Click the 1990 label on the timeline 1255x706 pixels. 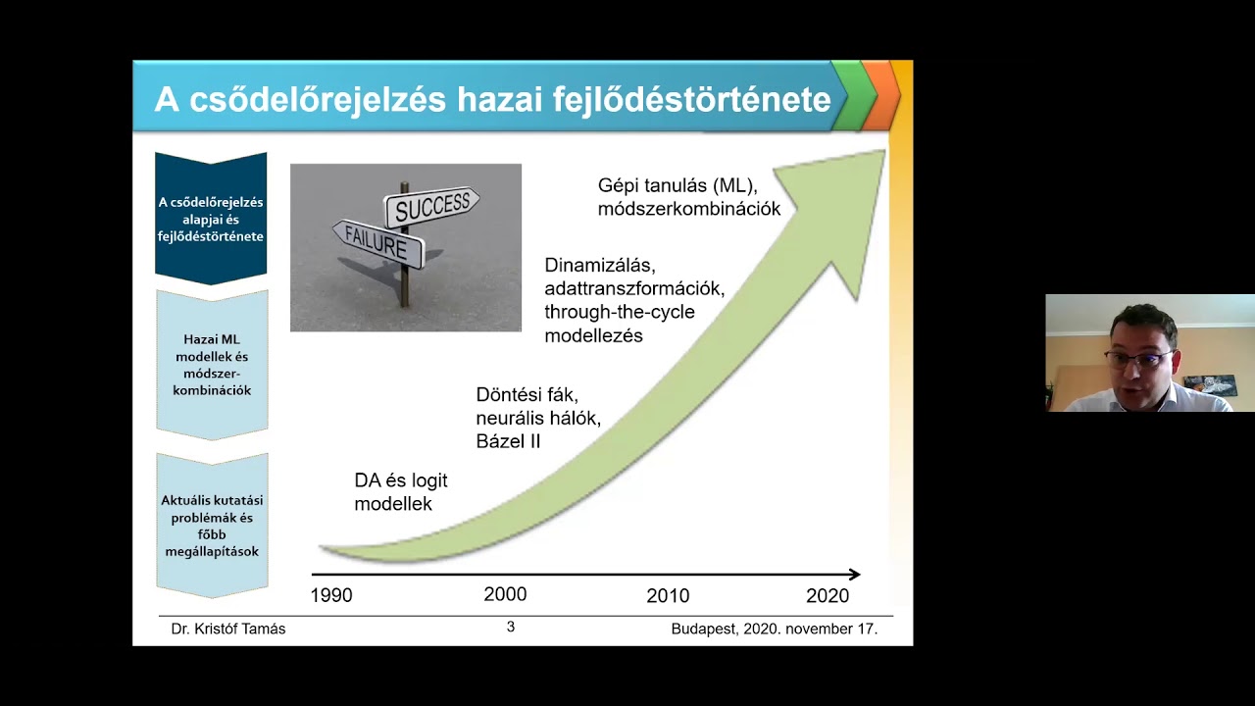click(331, 595)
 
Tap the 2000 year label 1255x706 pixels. click(505, 594)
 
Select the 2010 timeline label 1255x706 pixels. click(668, 595)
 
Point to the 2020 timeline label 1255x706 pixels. click(828, 595)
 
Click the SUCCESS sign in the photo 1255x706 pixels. click(431, 206)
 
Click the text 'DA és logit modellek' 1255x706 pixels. click(400, 492)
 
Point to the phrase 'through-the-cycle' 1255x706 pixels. click(620, 312)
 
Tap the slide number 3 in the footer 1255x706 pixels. click(510, 627)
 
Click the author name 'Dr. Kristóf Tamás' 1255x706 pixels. click(228, 629)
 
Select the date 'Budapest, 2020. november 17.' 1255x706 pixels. click(774, 629)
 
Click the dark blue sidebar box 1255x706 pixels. click(211, 219)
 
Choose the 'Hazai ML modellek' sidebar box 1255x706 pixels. click(212, 365)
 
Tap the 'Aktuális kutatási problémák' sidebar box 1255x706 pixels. click(212, 526)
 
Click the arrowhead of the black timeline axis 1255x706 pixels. click(855, 575)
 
